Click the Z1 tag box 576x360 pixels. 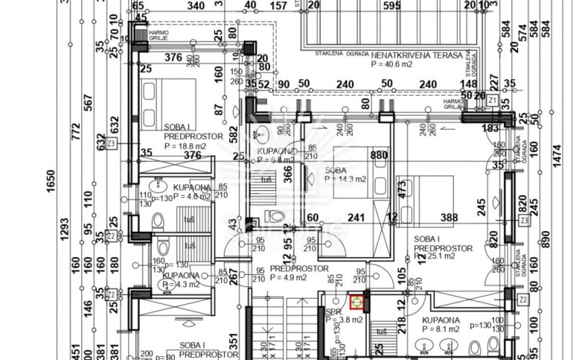tap(492, 99)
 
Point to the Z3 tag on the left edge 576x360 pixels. tap(111, 144)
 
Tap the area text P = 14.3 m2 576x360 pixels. tap(346, 179)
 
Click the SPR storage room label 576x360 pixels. tap(333, 312)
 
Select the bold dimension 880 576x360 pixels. tap(379, 155)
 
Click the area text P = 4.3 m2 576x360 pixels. tap(177, 284)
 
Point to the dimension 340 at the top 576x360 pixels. tap(194, 6)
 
